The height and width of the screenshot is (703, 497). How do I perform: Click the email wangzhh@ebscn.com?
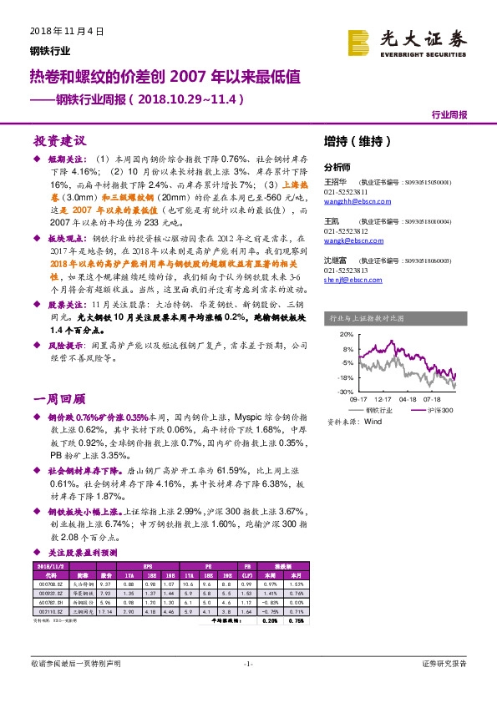point(352,202)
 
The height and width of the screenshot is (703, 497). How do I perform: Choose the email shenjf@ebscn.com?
point(348,281)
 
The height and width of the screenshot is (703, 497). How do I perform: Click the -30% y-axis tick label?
point(345,392)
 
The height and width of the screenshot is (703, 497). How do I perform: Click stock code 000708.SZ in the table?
point(47,584)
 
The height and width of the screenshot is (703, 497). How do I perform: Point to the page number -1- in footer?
point(248,664)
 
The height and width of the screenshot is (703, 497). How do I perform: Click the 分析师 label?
point(337,166)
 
